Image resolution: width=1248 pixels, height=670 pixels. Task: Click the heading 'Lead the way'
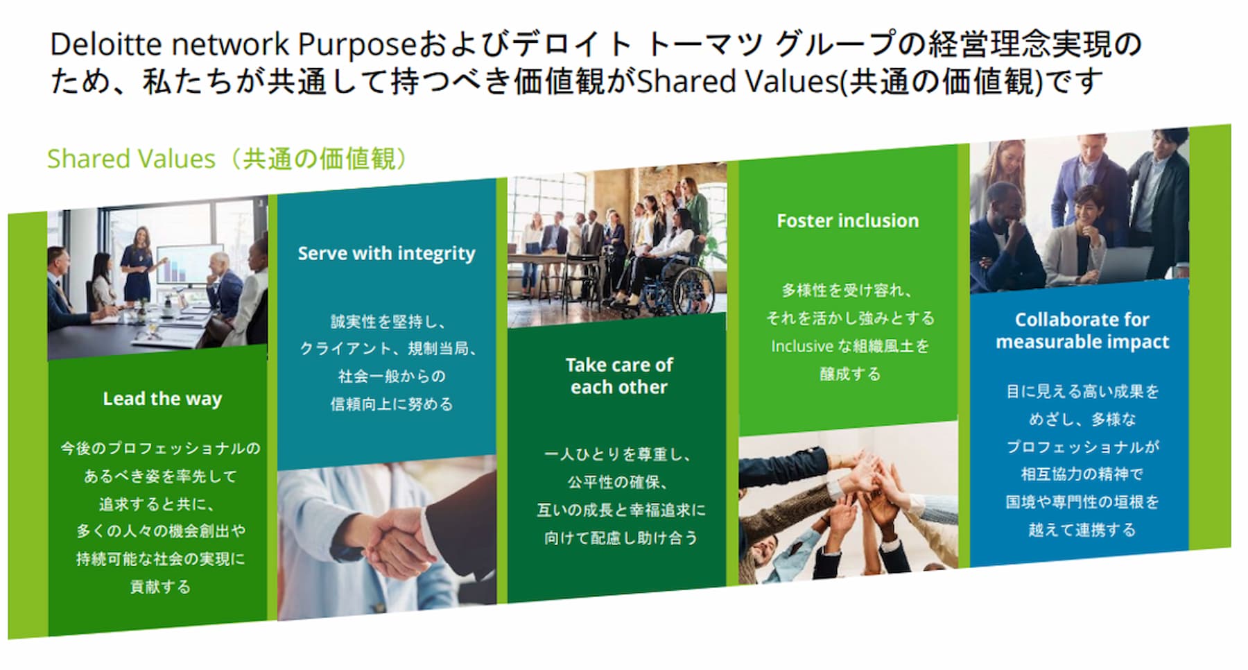(162, 399)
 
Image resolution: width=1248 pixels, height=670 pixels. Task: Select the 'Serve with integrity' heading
(386, 253)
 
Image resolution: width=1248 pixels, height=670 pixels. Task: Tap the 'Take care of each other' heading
(618, 375)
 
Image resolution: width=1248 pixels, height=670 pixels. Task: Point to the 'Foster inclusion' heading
(847, 221)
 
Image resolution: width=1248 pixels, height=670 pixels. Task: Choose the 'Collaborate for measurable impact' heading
(1082, 330)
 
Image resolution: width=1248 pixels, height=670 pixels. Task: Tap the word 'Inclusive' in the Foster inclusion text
(801, 346)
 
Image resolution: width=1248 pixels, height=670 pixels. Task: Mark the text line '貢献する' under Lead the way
(160, 587)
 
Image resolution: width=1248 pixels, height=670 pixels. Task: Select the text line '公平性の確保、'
(617, 482)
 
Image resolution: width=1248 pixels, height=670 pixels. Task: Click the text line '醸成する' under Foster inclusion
(849, 374)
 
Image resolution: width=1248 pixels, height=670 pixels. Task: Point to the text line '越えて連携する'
(1082, 530)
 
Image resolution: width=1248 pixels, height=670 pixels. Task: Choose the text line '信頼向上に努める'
(392, 404)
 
